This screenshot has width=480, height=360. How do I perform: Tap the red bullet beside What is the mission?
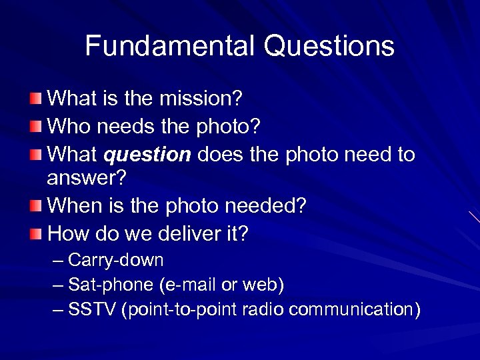pos(36,99)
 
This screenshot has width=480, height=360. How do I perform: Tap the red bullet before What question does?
pos(36,155)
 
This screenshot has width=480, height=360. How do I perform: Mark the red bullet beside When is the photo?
pos(36,206)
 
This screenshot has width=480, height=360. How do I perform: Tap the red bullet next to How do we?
pos(36,234)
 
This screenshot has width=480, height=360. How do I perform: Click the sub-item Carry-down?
pos(116,259)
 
